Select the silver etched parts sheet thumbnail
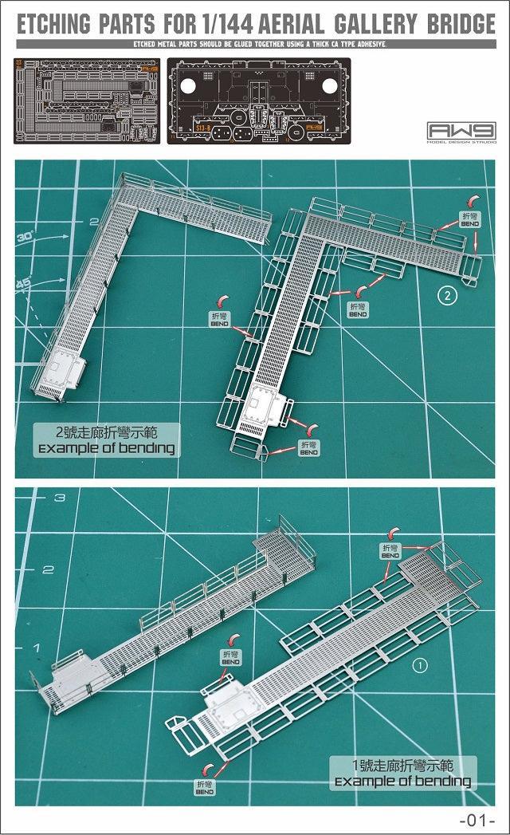[86, 100]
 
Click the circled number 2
[448, 297]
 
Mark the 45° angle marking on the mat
[25, 284]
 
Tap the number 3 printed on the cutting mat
[58, 498]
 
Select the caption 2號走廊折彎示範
[107, 433]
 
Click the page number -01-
[477, 820]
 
